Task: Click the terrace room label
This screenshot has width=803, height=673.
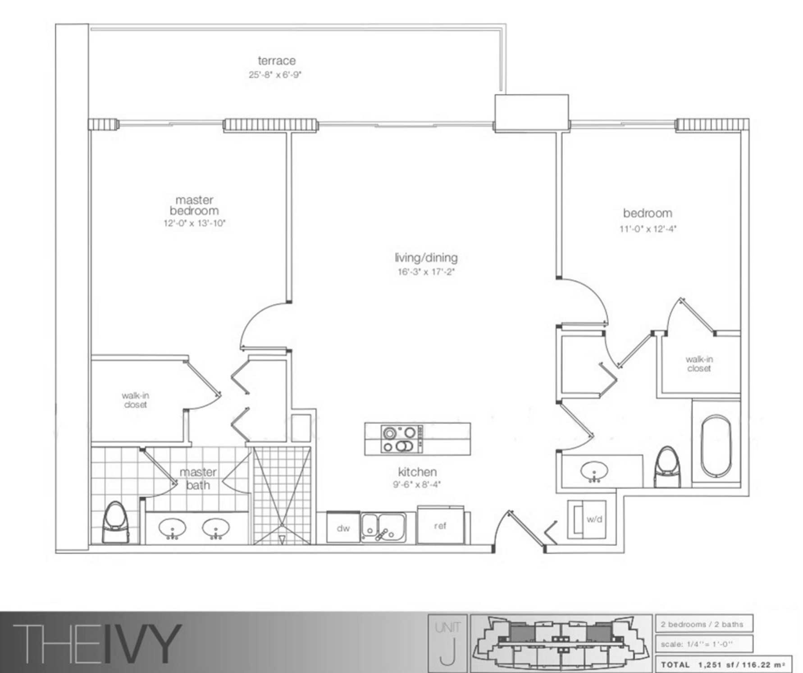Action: [277, 60]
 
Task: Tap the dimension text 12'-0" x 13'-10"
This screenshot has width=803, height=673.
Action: [194, 223]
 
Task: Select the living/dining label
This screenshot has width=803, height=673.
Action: [426, 258]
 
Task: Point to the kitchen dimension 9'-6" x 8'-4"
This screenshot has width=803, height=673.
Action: [416, 485]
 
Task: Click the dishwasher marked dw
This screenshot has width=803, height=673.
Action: [343, 527]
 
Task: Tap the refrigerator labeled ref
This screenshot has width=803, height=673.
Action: [441, 525]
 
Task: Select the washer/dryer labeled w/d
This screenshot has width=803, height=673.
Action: [587, 519]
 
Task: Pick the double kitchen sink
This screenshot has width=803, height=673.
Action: [383, 527]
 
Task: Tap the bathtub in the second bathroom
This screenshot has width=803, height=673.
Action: [716, 446]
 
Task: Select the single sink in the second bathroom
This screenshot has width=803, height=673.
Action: [594, 471]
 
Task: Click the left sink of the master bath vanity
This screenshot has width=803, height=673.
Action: [172, 528]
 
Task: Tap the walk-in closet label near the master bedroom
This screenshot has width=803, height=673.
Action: [135, 400]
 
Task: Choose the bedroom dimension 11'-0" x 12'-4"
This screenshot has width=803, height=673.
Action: [648, 229]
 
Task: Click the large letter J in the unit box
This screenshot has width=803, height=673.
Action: [447, 650]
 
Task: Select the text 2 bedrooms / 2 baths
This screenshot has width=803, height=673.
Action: [702, 624]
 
